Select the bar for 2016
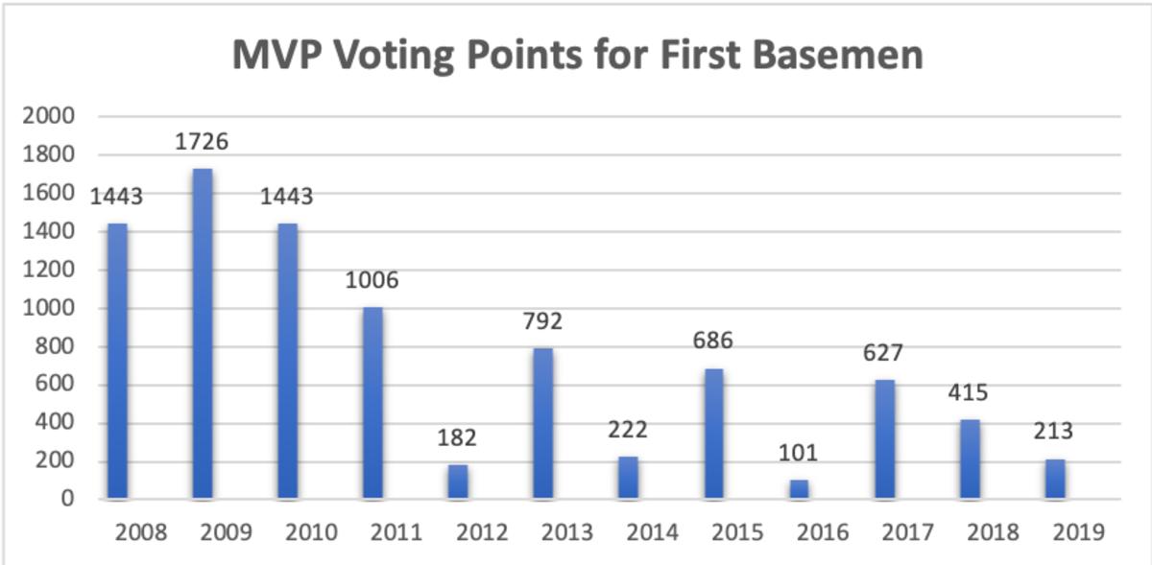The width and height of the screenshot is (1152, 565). [800, 489]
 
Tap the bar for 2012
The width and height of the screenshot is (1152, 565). [458, 482]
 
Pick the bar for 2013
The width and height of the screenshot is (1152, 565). [542, 423]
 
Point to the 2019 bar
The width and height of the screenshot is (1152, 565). [1056, 479]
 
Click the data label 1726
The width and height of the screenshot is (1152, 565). [202, 143]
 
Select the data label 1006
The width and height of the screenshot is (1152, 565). [372, 281]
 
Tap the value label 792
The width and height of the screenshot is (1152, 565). [542, 321]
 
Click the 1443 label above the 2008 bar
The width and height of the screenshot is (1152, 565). [116, 197]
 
